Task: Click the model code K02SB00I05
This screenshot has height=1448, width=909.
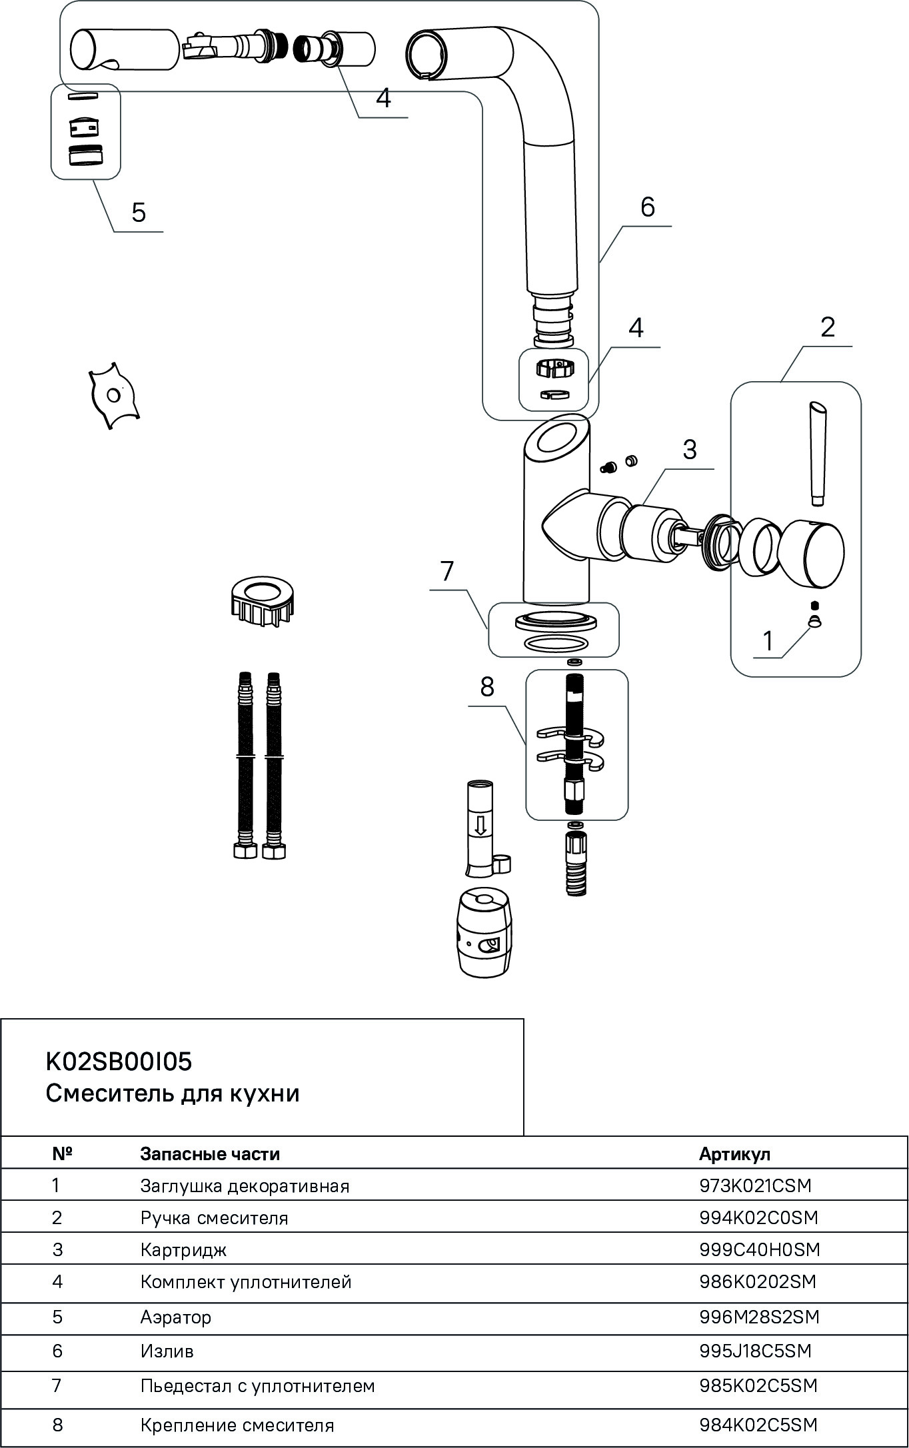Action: pyautogui.click(x=119, y=1062)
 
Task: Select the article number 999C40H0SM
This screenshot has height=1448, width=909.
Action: pyautogui.click(x=759, y=1249)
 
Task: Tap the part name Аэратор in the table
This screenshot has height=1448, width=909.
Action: pyautogui.click(x=175, y=1317)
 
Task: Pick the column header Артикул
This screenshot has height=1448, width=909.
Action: pyautogui.click(x=734, y=1153)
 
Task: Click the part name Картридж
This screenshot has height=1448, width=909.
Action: pyautogui.click(x=183, y=1249)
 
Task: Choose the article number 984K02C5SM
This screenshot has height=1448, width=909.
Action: pyautogui.click(x=758, y=1425)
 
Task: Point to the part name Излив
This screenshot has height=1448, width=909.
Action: pyautogui.click(x=167, y=1351)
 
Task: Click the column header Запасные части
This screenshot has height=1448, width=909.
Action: pyautogui.click(x=210, y=1153)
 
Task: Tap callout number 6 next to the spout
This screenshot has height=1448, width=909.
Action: pyautogui.click(x=647, y=207)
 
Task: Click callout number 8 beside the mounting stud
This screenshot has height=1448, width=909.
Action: pyautogui.click(x=487, y=686)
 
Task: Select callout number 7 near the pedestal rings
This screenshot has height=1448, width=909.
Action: pyautogui.click(x=447, y=570)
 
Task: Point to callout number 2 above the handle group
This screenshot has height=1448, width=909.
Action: pyautogui.click(x=827, y=327)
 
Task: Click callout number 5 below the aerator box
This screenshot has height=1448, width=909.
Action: pyautogui.click(x=138, y=213)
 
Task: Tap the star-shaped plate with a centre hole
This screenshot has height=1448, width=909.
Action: pyautogui.click(x=113, y=396)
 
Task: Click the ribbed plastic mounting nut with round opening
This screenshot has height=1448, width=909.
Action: pyautogui.click(x=262, y=600)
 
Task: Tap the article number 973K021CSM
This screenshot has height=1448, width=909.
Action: pyautogui.click(x=755, y=1185)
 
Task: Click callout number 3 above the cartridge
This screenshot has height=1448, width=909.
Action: pyautogui.click(x=689, y=450)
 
